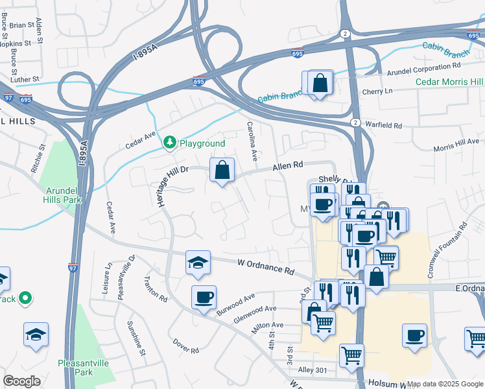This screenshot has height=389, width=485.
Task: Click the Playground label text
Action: pos(202,143)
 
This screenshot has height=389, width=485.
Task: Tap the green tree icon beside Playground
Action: pos(170,142)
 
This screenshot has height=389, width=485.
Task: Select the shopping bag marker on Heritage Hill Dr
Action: pos(222,171)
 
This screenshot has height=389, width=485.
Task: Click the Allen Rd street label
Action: pos(288,167)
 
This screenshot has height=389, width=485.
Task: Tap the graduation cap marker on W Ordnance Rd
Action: pos(198,263)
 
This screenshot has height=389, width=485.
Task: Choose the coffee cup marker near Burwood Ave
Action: pos(204,297)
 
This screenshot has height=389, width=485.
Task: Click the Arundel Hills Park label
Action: pos(64,195)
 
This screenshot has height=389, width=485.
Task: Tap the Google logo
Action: pos(21,381)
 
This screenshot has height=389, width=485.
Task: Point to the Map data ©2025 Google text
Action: pos(445,384)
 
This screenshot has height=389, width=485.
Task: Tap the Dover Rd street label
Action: pos(186,346)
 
